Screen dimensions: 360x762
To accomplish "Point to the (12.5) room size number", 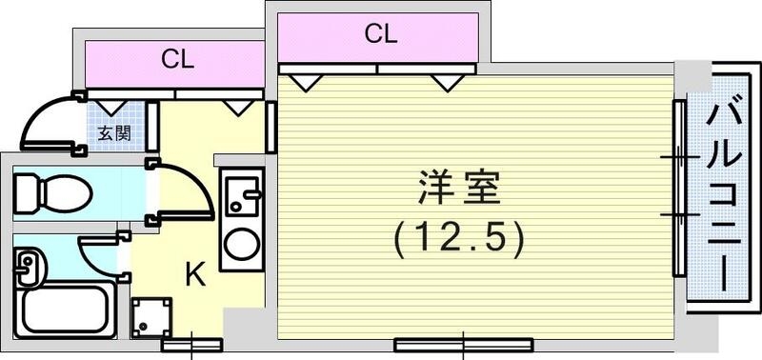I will coord(459,238).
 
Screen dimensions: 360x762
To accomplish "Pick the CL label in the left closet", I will coord(176,60).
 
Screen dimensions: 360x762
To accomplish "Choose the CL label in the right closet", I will coord(380,35).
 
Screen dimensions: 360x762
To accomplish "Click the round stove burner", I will coord(242,245).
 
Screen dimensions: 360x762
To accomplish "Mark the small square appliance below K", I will coord(152,317).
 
